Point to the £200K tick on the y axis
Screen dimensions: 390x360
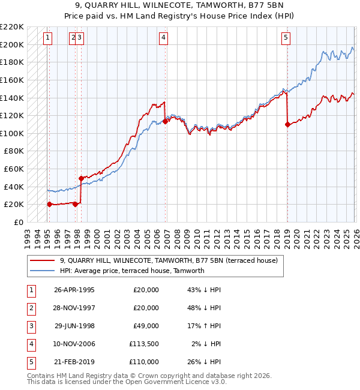point(12,44)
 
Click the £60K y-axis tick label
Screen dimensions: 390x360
point(14,169)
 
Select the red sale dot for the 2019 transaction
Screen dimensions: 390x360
point(287,125)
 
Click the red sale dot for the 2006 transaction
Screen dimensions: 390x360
point(165,121)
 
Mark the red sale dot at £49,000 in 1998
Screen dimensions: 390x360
point(80,178)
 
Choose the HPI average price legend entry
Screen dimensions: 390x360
point(132,271)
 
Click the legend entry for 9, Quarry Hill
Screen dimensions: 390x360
point(168,261)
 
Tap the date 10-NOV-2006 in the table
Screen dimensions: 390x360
point(74,344)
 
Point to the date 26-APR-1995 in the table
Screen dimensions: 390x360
point(74,290)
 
